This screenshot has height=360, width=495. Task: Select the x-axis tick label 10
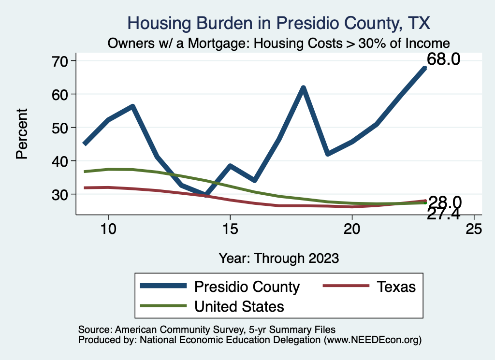click(108, 229)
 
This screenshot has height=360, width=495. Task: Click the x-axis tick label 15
click(230, 229)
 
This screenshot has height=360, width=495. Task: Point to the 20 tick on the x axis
click(352, 229)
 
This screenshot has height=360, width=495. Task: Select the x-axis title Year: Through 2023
click(278, 258)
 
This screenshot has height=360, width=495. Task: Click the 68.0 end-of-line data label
click(443, 60)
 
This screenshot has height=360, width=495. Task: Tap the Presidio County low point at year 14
click(206, 195)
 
